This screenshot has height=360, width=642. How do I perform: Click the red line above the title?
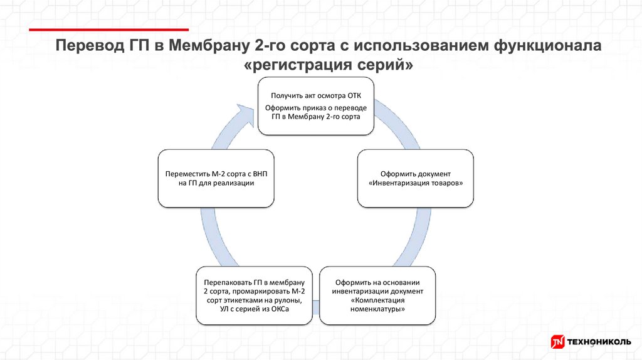(110, 29)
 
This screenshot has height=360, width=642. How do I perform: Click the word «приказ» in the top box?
(308, 108)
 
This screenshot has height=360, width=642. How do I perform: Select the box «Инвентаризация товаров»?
(416, 178)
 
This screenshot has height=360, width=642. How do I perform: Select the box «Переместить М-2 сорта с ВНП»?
(216, 178)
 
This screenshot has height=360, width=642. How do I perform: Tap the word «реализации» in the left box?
(234, 183)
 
